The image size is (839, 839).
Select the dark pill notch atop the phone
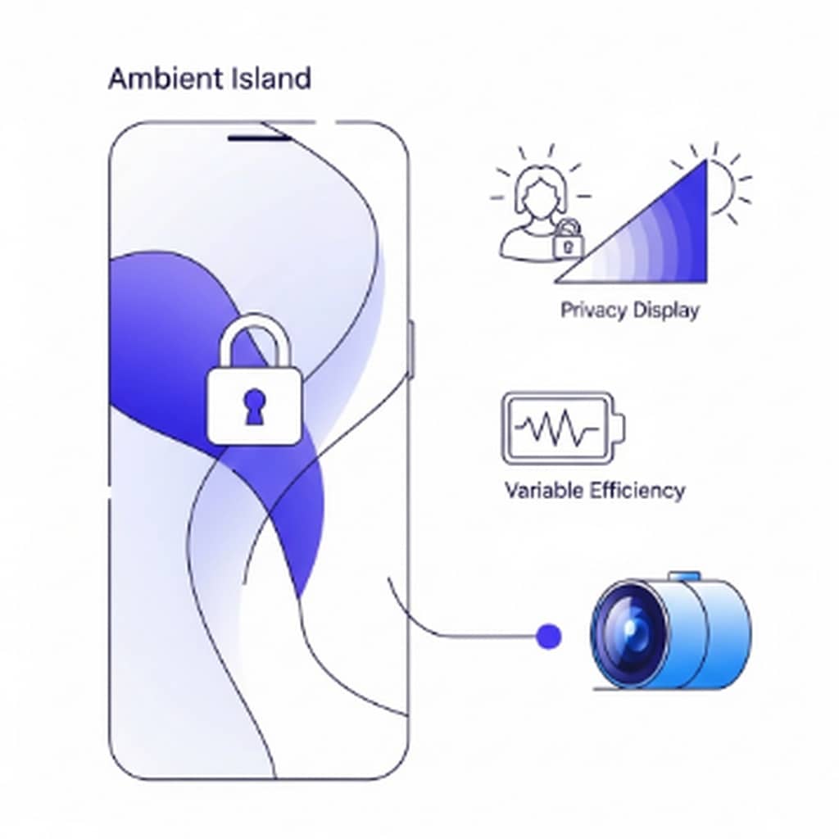[x=259, y=138]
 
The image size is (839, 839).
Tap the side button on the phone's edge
[x=411, y=349]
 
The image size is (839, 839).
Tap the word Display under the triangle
[x=665, y=311]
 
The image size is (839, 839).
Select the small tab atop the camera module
[x=684, y=577]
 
